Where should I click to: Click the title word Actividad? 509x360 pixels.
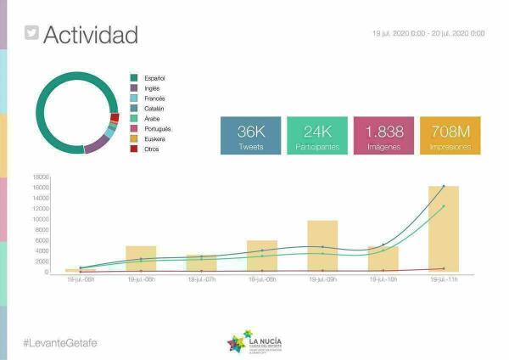pos(90,35)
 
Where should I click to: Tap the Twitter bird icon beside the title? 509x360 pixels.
pos(31,34)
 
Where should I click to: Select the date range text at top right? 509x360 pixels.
pos(428,33)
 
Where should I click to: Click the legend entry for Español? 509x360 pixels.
pos(155,78)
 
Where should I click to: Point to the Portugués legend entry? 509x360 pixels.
pos(158,129)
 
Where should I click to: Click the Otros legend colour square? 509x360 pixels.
pos(134,149)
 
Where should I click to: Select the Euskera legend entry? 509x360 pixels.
pos(155,138)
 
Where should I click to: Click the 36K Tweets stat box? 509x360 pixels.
pos(252,136)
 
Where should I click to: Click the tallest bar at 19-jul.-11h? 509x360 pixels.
pos(443,228)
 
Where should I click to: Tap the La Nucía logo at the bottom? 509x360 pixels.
pos(255,342)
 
